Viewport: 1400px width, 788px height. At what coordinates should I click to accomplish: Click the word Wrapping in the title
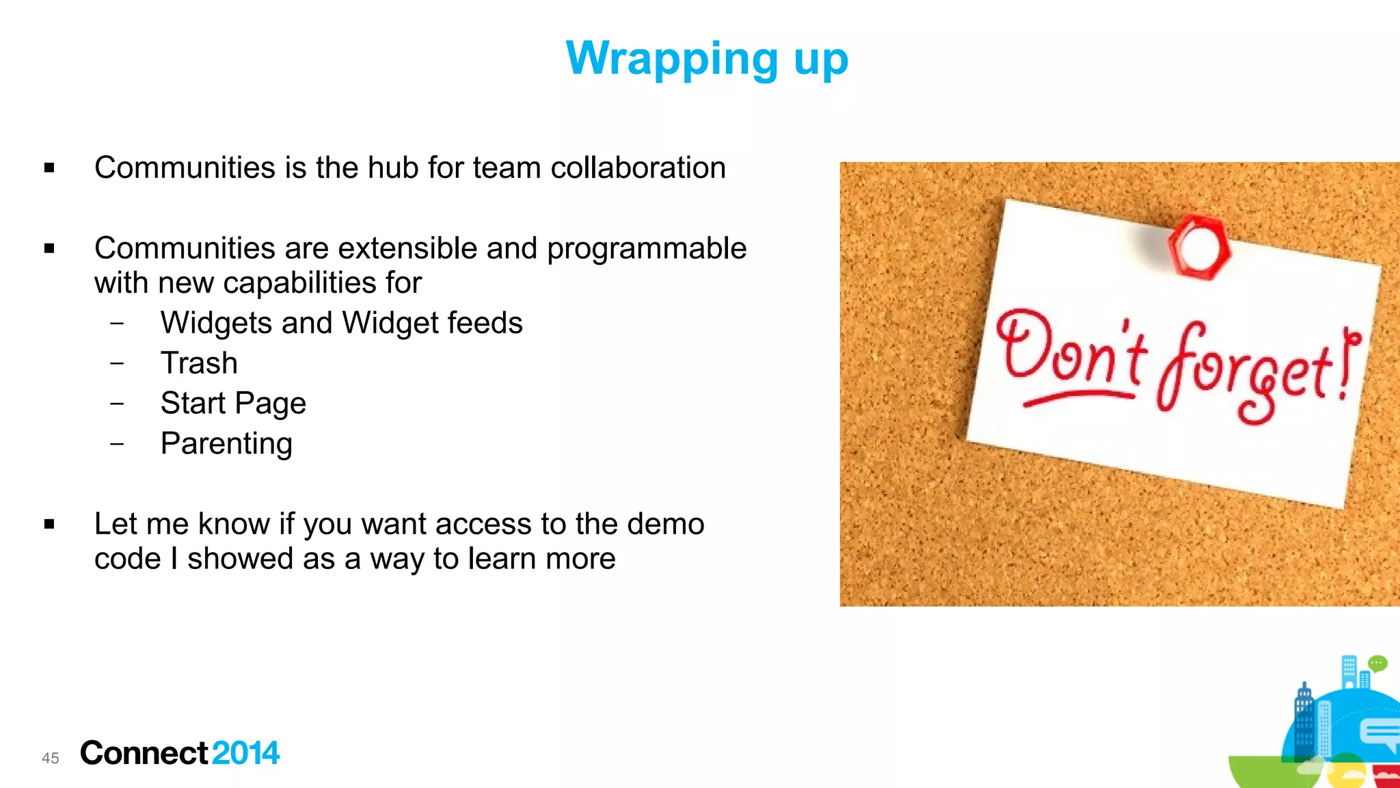click(671, 59)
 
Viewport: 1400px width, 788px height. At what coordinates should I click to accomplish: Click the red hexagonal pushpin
click(1198, 248)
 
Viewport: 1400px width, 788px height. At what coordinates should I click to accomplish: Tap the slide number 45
click(51, 758)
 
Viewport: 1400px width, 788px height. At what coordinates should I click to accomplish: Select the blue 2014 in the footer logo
click(245, 753)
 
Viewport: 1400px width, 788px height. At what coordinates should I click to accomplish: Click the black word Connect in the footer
click(144, 753)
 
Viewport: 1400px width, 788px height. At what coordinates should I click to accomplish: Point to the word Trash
click(199, 363)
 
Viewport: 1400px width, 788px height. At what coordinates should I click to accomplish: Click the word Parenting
click(226, 444)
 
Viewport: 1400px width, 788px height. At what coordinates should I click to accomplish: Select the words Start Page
click(233, 404)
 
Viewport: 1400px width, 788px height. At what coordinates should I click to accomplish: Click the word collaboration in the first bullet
click(638, 168)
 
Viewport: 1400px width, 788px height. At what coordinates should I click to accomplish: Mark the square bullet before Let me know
click(49, 525)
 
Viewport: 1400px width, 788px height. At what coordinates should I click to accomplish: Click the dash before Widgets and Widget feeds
click(117, 323)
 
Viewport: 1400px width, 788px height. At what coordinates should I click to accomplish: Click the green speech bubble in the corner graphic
click(1377, 663)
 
